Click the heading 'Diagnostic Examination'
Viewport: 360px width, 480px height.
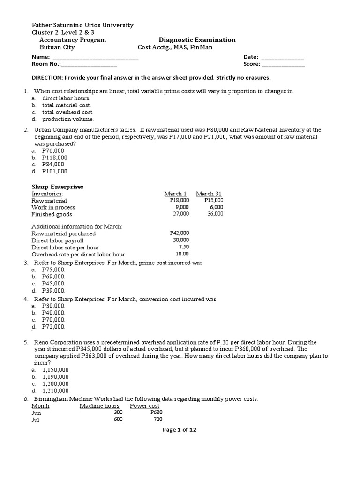(x=197, y=40)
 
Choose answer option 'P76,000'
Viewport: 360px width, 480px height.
(x=53, y=150)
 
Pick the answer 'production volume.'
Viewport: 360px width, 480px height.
(x=67, y=119)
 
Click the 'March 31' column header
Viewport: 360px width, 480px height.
(x=209, y=194)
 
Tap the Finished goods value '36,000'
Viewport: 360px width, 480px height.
(x=215, y=214)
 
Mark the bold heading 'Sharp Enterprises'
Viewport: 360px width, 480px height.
(x=57, y=187)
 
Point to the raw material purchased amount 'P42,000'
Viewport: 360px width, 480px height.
(x=179, y=233)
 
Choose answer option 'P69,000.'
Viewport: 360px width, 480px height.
(x=53, y=277)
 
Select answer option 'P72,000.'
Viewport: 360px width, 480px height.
(x=53, y=326)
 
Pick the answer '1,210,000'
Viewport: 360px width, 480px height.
(x=55, y=390)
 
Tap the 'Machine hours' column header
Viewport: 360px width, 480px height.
(x=99, y=406)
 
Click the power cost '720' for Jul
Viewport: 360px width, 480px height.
(x=157, y=420)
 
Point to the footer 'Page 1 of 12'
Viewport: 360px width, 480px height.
(x=180, y=430)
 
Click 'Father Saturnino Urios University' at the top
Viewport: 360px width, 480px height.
(x=82, y=25)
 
